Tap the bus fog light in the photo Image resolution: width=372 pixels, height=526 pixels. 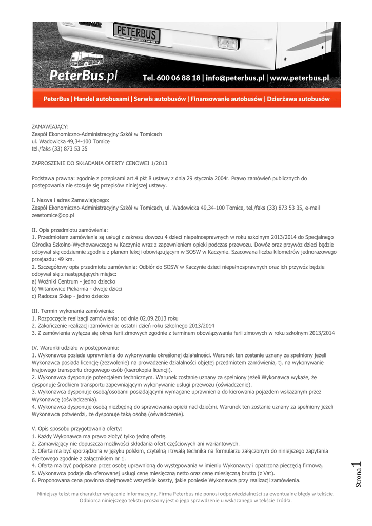(x=228, y=43)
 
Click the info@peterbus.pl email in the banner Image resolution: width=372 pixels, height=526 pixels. (x=235, y=78)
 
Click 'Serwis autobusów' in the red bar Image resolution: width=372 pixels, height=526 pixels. (x=160, y=99)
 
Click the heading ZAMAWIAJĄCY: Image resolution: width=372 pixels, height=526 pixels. (x=50, y=126)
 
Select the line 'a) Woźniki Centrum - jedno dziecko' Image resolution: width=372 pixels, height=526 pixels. (x=73, y=282)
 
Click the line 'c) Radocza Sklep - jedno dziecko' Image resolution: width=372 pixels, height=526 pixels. (x=70, y=296)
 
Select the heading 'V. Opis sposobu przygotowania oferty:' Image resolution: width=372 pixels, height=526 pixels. (x=77, y=428)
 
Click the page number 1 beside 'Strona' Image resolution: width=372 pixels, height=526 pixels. (x=358, y=466)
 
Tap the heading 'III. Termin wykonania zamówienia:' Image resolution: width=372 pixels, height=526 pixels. (x=73, y=311)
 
